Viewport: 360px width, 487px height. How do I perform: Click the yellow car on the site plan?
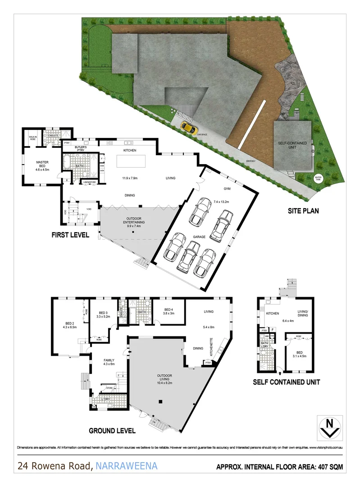pos(189,129)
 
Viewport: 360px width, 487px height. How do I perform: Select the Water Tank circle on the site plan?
pos(319,179)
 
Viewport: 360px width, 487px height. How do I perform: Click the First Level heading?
pos(70,235)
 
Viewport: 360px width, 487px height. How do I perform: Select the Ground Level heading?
pos(112,431)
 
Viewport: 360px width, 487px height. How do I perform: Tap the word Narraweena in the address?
pos(126,466)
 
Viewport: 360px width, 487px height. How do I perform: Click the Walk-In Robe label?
pos(32,137)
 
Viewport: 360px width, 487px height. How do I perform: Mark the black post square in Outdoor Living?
pos(159,401)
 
